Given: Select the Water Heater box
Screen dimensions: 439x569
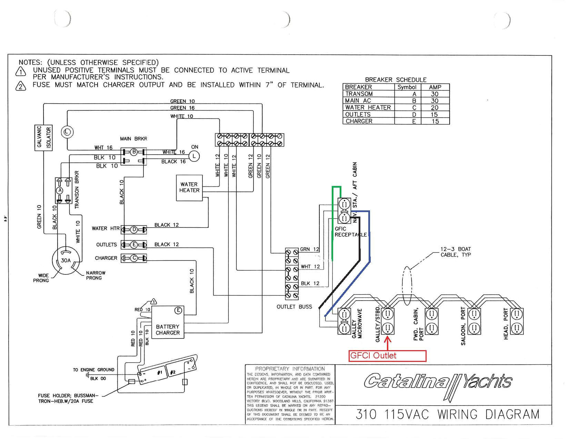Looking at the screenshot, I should coord(189,188).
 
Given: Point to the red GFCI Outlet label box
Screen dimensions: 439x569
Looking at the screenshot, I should coord(388,356).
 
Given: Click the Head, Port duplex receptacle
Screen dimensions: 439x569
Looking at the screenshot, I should coord(516,322).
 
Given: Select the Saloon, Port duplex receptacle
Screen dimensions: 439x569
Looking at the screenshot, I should coord(474,322).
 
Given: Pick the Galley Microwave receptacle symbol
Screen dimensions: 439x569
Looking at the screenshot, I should coord(344,322).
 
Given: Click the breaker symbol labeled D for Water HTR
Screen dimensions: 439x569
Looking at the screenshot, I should coord(134,230).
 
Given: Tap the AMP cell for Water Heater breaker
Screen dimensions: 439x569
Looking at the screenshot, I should coord(435,107).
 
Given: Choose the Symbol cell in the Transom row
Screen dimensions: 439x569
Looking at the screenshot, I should coord(414,94).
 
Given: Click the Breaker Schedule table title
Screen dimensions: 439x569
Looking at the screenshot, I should coord(396,80).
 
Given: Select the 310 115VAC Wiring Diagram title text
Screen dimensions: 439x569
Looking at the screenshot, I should coord(447,414).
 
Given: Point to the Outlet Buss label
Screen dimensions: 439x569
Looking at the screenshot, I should coord(294,307).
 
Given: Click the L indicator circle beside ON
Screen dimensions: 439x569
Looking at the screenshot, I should coord(194,156).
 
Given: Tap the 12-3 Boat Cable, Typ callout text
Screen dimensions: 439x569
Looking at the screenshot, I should coord(455,252).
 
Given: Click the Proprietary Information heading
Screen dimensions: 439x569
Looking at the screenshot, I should coord(290,369).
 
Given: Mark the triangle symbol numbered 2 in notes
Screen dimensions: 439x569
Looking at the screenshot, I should coord(21,86).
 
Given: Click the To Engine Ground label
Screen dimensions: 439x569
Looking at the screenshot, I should coord(93,370).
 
